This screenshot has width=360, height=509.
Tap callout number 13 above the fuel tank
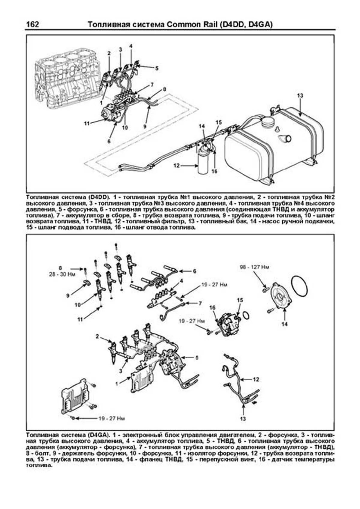pos(300,96)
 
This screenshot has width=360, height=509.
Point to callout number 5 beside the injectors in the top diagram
pos(157,68)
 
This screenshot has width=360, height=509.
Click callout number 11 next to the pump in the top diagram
pos(87,123)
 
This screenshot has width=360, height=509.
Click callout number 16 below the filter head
pos(214,171)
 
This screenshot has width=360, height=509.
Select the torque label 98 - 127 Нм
pos(255,267)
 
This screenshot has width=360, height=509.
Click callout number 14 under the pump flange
pos(284,324)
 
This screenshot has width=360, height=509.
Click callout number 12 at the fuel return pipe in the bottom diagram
pos(256,379)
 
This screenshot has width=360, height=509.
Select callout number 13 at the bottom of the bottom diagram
pos(243,419)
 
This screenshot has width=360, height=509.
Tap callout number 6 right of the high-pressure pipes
pos(194,271)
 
